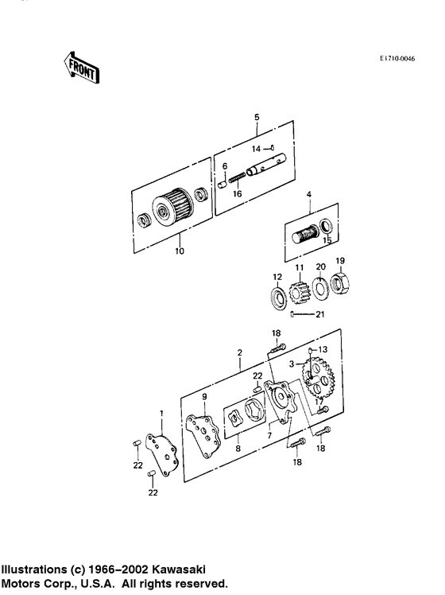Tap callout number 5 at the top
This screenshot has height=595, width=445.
coord(257,118)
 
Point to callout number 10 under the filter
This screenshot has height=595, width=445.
coord(179,252)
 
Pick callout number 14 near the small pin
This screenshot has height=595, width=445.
coord(256,148)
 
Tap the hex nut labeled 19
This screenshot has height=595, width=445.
coord(339,282)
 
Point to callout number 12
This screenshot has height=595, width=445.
coord(277,277)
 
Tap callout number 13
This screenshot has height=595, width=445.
coord(322,350)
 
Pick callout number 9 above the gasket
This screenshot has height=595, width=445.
coord(204,397)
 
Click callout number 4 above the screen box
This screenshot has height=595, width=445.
coord(309,194)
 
